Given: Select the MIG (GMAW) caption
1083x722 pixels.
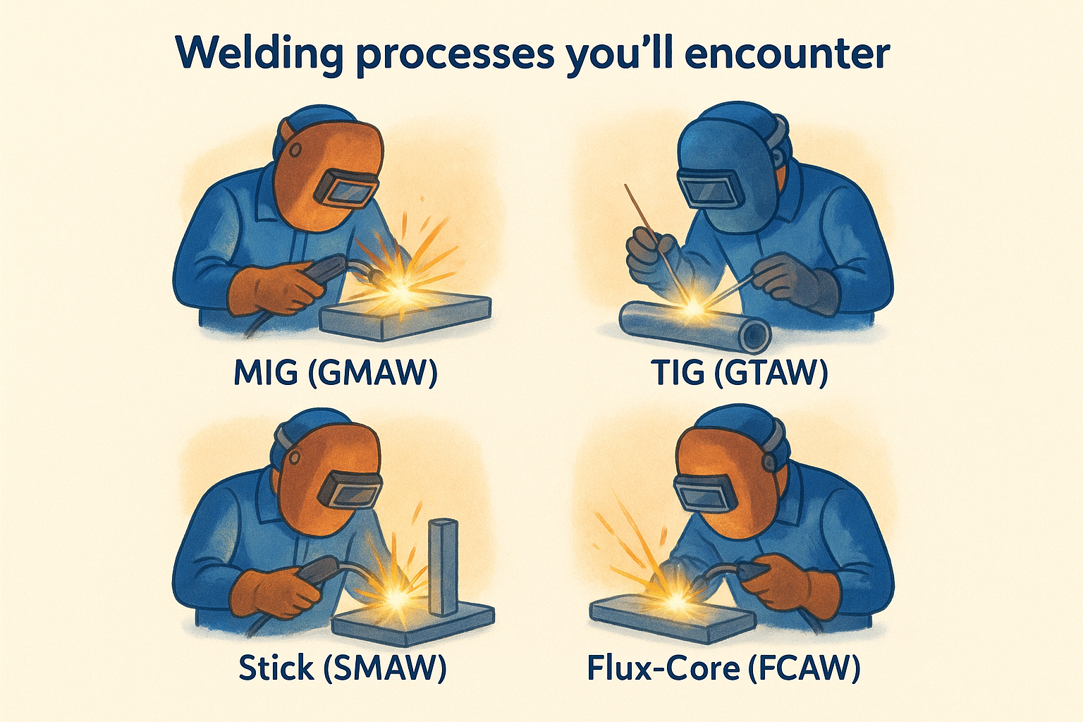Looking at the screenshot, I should [x=336, y=372].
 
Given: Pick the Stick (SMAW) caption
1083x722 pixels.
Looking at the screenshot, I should [x=343, y=667].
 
